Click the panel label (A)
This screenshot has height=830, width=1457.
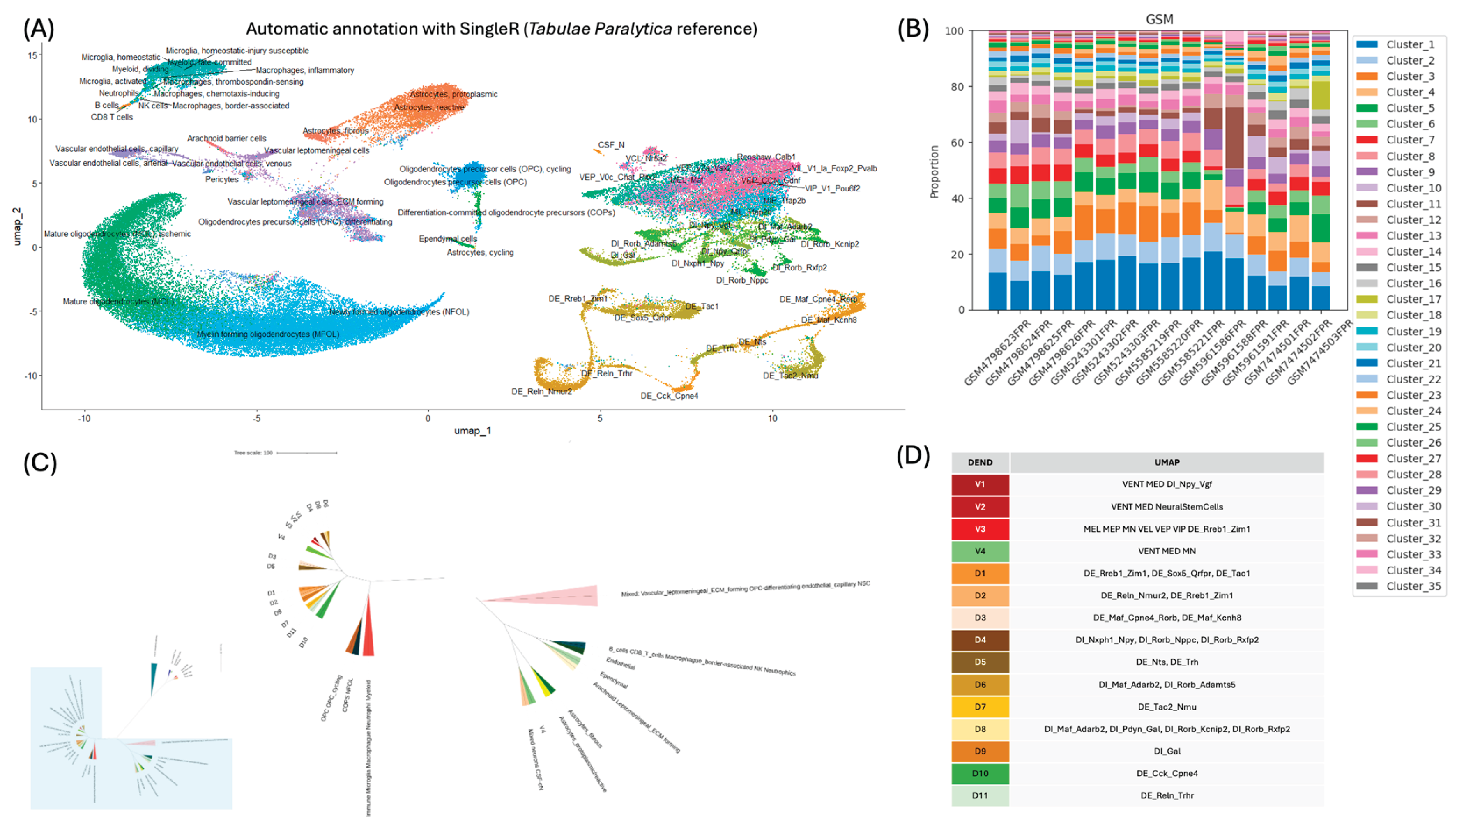(x=38, y=28)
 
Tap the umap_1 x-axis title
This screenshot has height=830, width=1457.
(x=472, y=430)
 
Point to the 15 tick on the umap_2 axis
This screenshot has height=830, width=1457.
(x=32, y=55)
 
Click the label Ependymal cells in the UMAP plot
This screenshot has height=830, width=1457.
(x=447, y=238)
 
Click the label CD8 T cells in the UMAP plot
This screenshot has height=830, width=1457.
(x=112, y=117)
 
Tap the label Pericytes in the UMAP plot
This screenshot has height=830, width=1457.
(x=222, y=179)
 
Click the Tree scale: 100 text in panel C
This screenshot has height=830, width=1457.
(x=253, y=453)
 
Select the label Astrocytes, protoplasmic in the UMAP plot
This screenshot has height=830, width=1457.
(x=453, y=94)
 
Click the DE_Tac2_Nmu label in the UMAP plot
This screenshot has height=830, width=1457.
(x=790, y=375)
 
